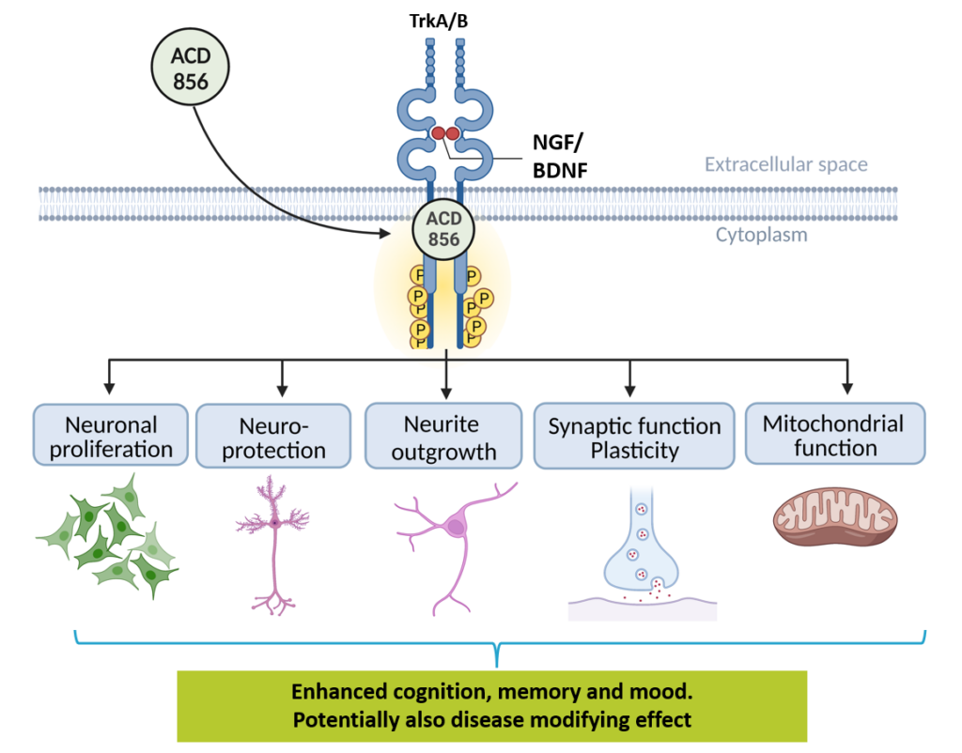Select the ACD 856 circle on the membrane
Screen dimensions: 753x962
[443, 228]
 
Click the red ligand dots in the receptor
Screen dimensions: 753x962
[444, 134]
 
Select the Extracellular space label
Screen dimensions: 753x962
[786, 165]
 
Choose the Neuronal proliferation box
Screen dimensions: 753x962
[112, 437]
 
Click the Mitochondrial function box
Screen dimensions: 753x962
[834, 435]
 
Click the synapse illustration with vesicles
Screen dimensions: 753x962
[643, 554]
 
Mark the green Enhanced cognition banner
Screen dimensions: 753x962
[492, 706]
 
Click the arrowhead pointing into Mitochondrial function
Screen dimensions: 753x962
[847, 387]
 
